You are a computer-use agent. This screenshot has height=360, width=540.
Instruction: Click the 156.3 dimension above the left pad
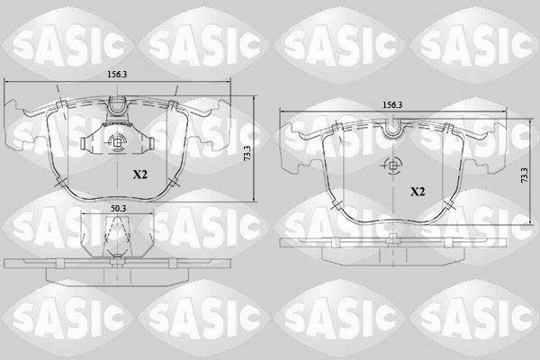click(117, 75)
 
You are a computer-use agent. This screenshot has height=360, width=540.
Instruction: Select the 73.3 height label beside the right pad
click(524, 175)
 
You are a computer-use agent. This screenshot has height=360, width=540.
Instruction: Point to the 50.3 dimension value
click(119, 209)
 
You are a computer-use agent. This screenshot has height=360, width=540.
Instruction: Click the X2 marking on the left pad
click(140, 175)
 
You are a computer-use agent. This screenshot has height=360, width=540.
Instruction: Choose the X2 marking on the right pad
click(418, 192)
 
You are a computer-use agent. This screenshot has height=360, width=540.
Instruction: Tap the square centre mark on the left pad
click(117, 141)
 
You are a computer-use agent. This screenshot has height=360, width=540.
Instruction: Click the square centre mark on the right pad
click(393, 166)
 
